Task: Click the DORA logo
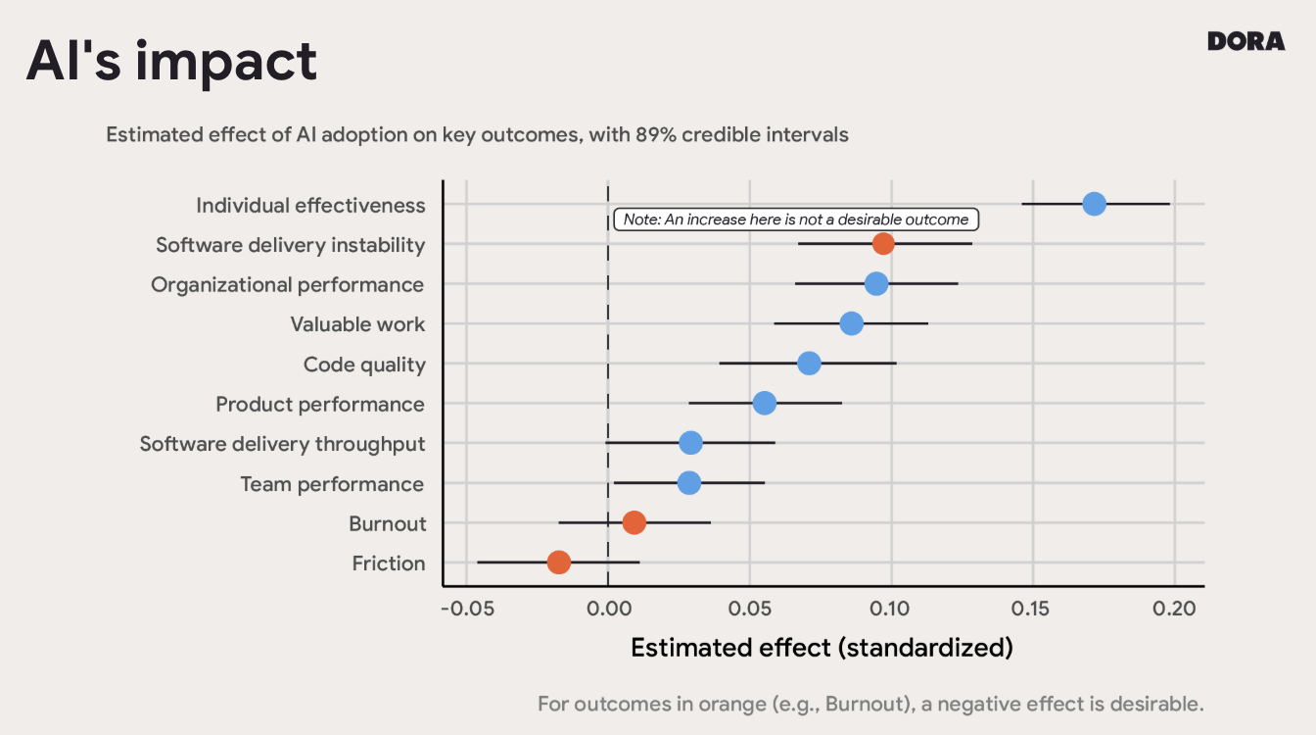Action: pos(1245,41)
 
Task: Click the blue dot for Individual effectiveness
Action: pos(1094,204)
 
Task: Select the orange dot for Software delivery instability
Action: pos(883,244)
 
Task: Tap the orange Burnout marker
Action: pos(634,523)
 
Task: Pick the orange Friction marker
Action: pos(559,563)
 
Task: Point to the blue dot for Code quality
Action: pos(809,364)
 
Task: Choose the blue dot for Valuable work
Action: pos(852,323)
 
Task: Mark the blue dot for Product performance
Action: pos(765,403)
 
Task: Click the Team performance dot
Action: pos(689,483)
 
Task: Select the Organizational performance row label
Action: pos(287,285)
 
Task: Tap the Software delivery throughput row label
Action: pos(282,444)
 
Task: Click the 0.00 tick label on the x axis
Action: pos(608,609)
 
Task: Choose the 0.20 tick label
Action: pos(1174,609)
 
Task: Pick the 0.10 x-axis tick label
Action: pos(891,609)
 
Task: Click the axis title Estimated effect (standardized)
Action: pos(822,648)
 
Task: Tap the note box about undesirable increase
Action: pos(796,220)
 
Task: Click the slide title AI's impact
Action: pos(171,61)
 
